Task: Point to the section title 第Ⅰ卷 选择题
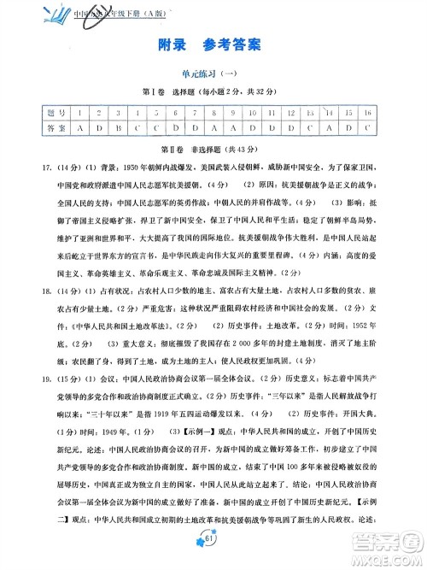pyautogui.click(x=213, y=92)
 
